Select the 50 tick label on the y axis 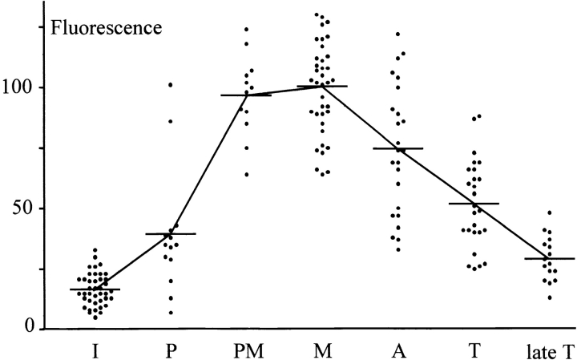point(25,208)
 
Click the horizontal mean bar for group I point(95,289)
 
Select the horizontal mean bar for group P point(170,234)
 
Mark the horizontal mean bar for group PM point(246,95)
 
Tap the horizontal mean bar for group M point(321,86)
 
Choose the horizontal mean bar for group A point(397,148)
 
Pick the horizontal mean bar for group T point(474,204)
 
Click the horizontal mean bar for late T point(549,259)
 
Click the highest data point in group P point(171,85)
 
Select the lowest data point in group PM point(246,174)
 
